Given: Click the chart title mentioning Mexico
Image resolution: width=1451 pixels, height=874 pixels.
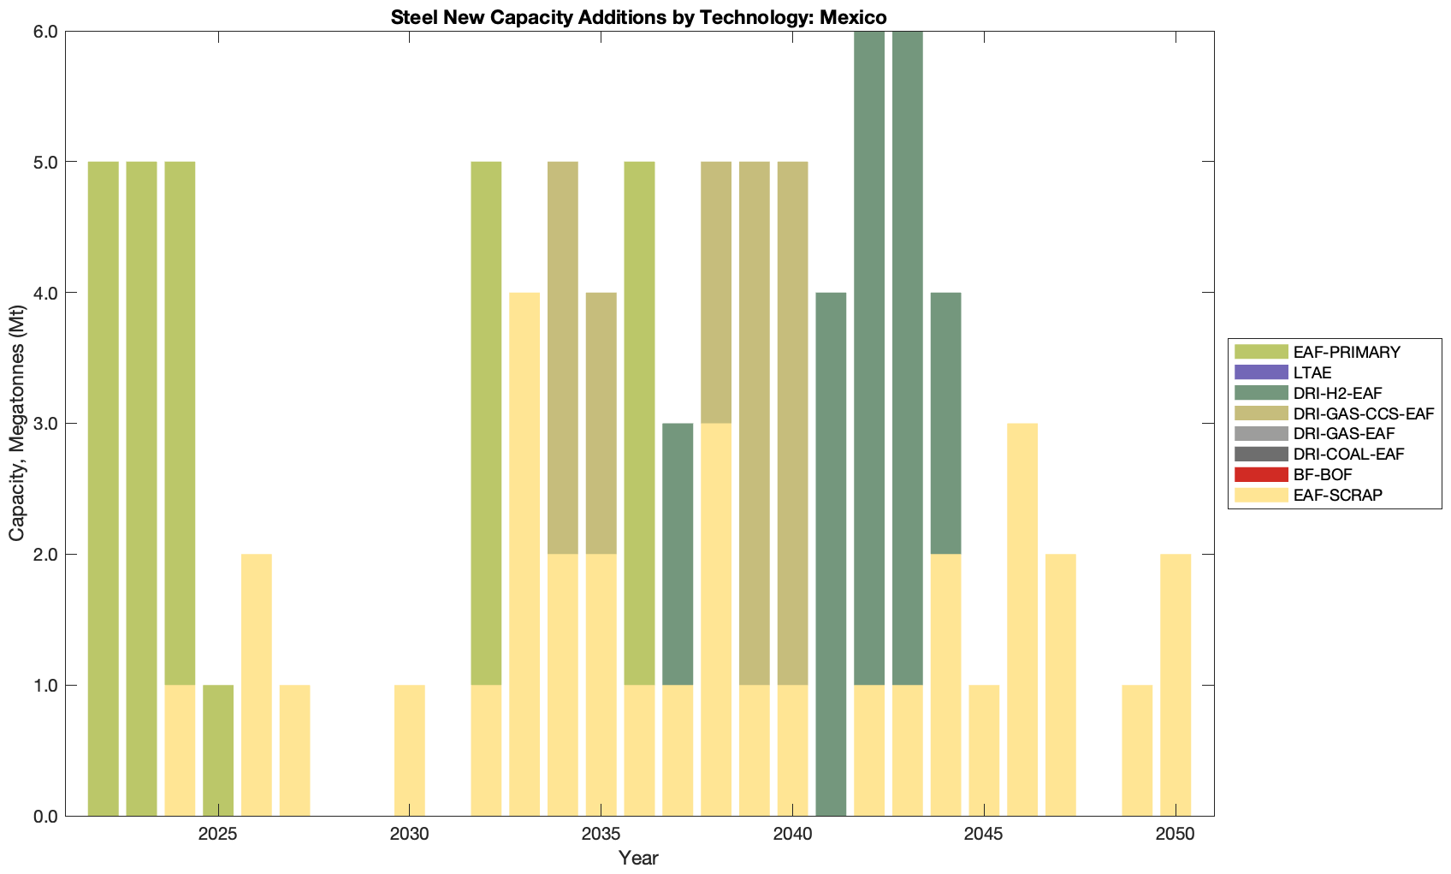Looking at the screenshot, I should click(x=638, y=16).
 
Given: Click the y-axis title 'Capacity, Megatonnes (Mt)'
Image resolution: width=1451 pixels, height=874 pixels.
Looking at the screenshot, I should click(x=16, y=424).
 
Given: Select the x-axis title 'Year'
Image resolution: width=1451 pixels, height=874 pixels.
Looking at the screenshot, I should click(x=638, y=858).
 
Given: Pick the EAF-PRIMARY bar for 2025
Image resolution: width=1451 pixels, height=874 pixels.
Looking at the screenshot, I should click(x=218, y=751).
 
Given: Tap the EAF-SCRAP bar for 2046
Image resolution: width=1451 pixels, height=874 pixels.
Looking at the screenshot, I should click(x=1022, y=620).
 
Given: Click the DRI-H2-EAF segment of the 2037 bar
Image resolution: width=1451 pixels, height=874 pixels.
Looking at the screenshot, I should click(x=678, y=554).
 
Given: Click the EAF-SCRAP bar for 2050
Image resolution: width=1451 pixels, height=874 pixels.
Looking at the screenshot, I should click(x=1176, y=685).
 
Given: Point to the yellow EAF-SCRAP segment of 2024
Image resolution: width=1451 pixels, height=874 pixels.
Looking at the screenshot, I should click(x=180, y=751).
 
